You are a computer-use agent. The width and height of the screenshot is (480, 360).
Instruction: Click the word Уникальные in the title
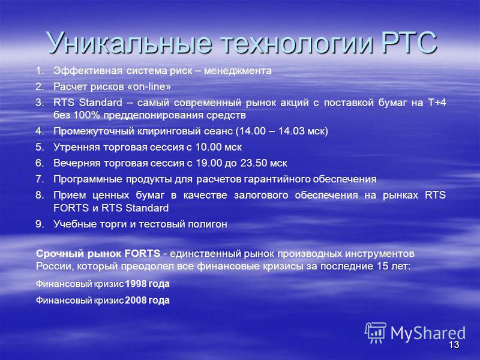(x=129, y=43)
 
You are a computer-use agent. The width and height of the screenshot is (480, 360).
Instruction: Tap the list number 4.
(x=40, y=131)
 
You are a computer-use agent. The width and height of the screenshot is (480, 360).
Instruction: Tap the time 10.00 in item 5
(x=208, y=147)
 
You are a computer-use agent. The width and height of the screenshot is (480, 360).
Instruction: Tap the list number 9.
(x=40, y=224)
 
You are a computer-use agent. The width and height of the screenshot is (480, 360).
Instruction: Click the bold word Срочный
(x=61, y=254)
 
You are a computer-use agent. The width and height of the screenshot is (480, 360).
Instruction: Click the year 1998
(x=136, y=284)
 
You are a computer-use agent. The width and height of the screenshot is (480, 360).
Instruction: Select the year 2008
(x=136, y=301)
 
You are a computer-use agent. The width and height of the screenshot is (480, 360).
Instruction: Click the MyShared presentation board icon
(x=376, y=333)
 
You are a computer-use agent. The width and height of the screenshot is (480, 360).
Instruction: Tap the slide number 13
(x=454, y=344)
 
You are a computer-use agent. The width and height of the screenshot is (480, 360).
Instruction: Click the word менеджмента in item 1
(x=238, y=71)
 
